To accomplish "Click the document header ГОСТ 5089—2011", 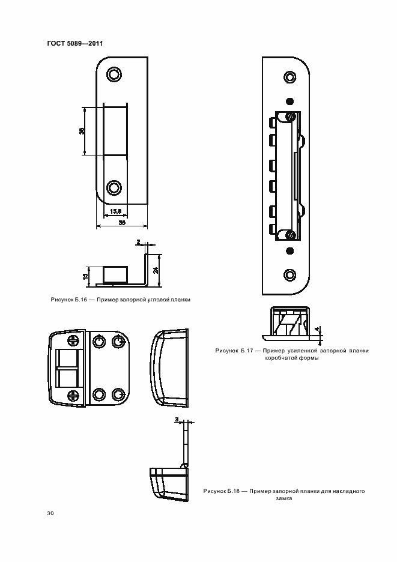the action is tap(75, 43).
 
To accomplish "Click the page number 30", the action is tap(50, 513).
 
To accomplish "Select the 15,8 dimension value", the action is tap(115, 211).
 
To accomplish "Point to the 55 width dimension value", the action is tap(122, 223).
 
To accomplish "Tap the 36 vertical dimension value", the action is tap(82, 131).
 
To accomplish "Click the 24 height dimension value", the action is tap(156, 270).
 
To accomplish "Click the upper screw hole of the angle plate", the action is tap(114, 74).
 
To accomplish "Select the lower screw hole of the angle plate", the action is tap(114, 188).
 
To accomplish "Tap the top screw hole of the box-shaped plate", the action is tap(289, 77).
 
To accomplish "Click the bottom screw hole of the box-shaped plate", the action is tap(289, 275).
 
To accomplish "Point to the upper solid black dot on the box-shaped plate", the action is tap(290, 101).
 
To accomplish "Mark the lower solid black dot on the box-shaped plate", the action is tap(290, 250).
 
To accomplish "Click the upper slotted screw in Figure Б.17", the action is tap(291, 116).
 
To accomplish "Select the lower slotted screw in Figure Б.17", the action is tap(291, 235).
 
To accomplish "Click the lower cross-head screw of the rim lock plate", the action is tap(73, 396).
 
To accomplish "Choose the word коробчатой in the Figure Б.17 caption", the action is tap(279, 358).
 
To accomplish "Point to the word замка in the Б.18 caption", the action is tap(284, 498).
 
